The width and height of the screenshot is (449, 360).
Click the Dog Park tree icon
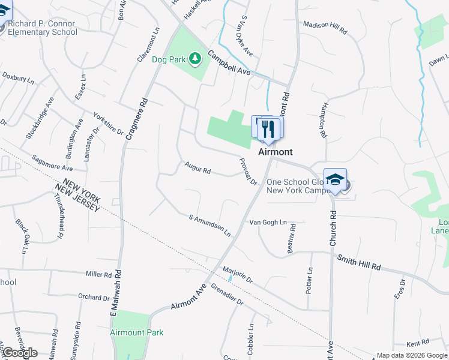[x=194, y=59]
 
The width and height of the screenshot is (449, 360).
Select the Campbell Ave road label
[x=229, y=62]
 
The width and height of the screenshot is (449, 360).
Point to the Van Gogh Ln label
[x=268, y=222]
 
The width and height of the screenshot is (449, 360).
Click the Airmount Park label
[x=137, y=332]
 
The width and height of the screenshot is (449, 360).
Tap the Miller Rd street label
[x=99, y=274]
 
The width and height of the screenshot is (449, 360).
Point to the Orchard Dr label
[x=95, y=296]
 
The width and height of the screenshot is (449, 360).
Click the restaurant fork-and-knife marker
[x=270, y=128]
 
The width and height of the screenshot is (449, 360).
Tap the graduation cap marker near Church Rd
[x=335, y=179]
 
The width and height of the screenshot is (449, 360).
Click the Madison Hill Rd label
[x=325, y=26]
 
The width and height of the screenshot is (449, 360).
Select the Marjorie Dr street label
[x=237, y=274]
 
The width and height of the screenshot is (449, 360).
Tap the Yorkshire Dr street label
[x=107, y=123]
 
